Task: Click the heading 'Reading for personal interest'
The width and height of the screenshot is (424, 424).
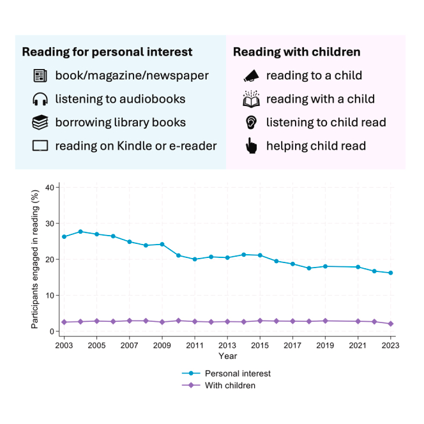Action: pyautogui.click(x=107, y=52)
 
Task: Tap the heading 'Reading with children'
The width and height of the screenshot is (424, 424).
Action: pyautogui.click(x=296, y=52)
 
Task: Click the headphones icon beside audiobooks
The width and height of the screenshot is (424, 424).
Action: pyautogui.click(x=40, y=99)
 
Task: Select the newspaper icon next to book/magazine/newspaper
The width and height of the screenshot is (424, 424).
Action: pyautogui.click(x=40, y=76)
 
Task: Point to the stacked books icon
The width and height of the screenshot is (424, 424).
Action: pyautogui.click(x=40, y=123)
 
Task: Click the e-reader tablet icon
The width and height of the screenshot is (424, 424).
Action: pyautogui.click(x=40, y=146)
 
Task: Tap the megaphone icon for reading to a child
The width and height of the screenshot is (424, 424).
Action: pyautogui.click(x=250, y=76)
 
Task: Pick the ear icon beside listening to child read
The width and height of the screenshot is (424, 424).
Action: pyautogui.click(x=250, y=123)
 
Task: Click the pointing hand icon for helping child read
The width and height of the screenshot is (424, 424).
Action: pyautogui.click(x=250, y=146)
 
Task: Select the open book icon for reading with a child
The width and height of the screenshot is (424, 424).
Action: pyautogui.click(x=250, y=99)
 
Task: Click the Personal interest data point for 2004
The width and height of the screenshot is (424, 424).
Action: pyautogui.click(x=80, y=232)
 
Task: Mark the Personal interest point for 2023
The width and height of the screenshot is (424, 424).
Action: pyautogui.click(x=390, y=273)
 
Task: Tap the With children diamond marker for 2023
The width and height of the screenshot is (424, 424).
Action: pyautogui.click(x=390, y=324)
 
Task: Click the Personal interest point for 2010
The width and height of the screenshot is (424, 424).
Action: pyautogui.click(x=178, y=255)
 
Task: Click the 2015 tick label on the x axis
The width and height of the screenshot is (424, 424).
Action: pyautogui.click(x=260, y=345)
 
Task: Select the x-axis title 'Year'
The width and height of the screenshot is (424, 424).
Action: pyautogui.click(x=227, y=356)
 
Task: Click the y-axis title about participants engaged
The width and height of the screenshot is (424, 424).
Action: pyautogui.click(x=35, y=259)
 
